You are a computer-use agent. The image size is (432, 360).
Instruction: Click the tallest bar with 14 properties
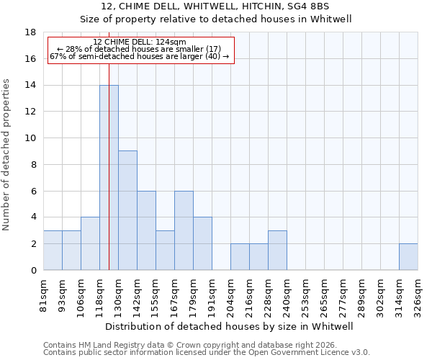coord(109,178)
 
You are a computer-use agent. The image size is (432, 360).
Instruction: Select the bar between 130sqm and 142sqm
coord(127,210)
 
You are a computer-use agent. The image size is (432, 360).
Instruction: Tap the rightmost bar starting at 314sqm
coord(408,257)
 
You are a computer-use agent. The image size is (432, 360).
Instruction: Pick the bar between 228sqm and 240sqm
coord(277,251)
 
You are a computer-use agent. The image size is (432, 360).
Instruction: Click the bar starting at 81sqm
coord(53,251)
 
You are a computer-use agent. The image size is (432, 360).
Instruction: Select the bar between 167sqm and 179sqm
coord(184,230)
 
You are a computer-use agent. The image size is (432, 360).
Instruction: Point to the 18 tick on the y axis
coord(31,32)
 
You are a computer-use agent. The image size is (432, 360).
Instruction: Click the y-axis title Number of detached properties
coord(6,155)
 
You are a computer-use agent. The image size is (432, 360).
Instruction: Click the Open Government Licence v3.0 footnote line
coord(207,353)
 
